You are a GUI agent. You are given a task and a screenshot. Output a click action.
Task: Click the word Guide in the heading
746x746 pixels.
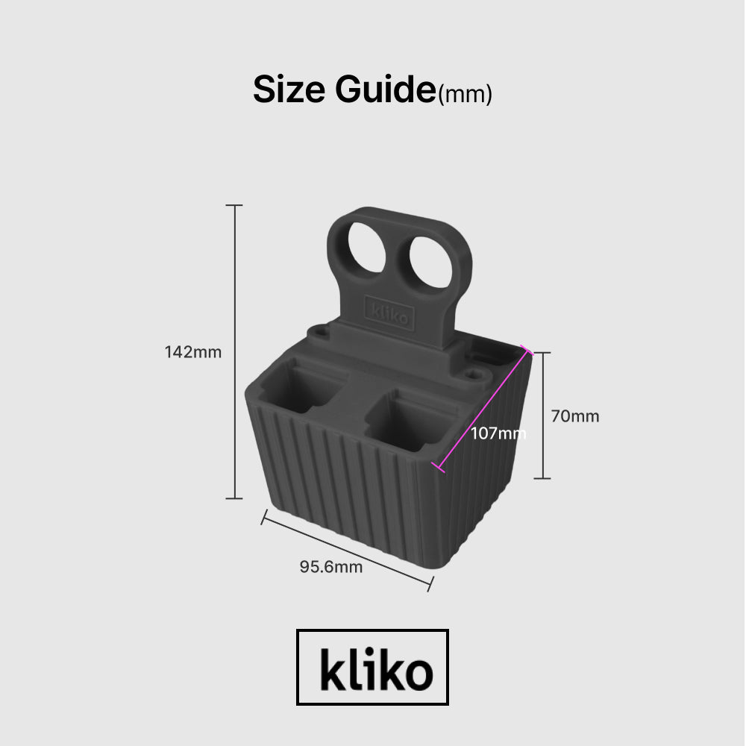(386, 89)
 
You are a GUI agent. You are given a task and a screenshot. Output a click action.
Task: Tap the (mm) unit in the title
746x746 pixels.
(465, 94)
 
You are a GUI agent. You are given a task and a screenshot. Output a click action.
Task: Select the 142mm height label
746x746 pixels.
(192, 352)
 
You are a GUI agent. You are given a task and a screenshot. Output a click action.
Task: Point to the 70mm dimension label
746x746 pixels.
(574, 416)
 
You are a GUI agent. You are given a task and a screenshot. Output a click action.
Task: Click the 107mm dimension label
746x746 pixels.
(498, 433)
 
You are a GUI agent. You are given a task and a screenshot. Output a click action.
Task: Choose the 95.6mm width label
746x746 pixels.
(330, 567)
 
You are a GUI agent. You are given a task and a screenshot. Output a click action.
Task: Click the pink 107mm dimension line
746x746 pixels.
(483, 409)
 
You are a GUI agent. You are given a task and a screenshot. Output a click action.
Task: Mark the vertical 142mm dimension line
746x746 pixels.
(234, 352)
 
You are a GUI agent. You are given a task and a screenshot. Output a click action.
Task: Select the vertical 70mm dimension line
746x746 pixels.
(542, 416)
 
